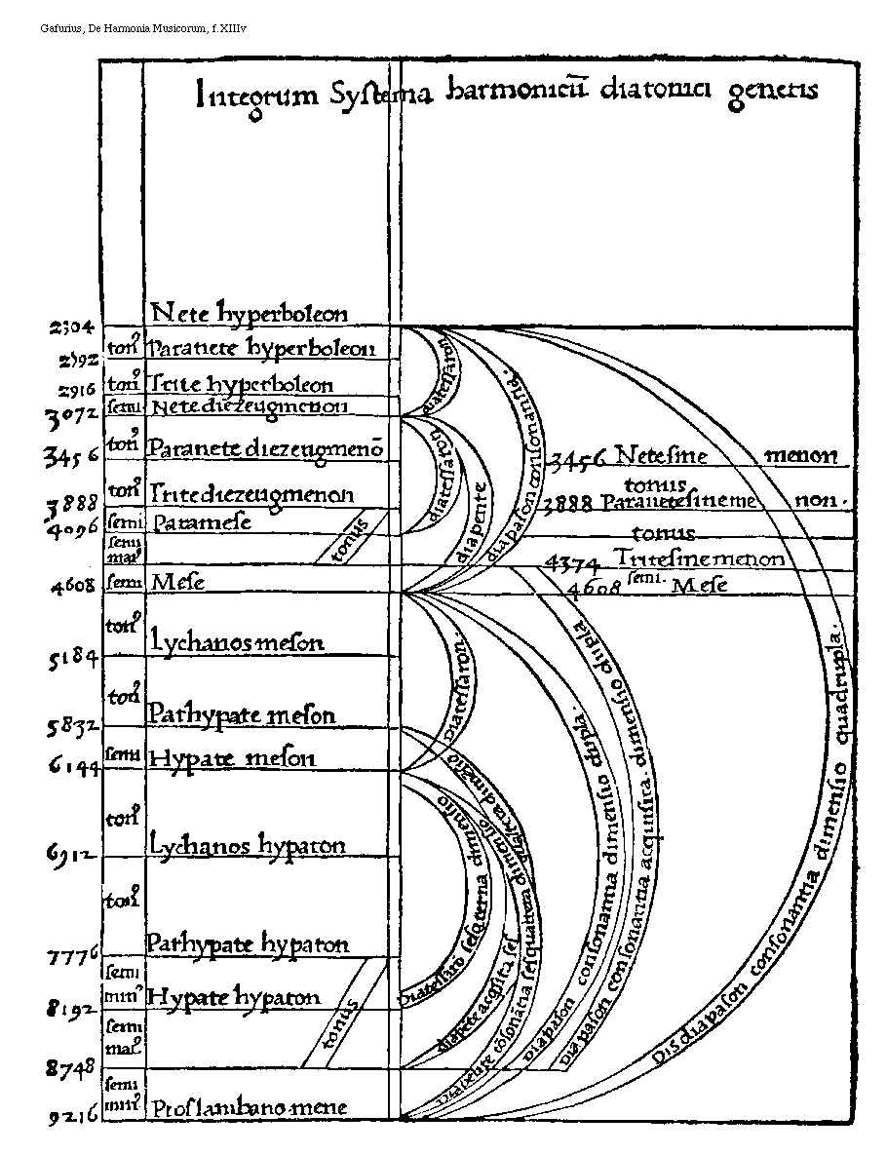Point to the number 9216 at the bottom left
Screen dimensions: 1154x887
pyautogui.click(x=72, y=1118)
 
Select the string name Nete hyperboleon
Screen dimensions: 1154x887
pyautogui.click(x=250, y=314)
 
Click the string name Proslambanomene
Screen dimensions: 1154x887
pyautogui.click(x=249, y=1108)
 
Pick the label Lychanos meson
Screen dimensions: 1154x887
pyautogui.click(x=237, y=641)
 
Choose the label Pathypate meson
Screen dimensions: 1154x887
pyautogui.click(x=242, y=714)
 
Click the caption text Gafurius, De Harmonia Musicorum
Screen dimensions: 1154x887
pyautogui.click(x=143, y=29)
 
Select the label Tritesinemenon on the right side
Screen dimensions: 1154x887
pyautogui.click(x=699, y=558)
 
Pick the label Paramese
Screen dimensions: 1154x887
pyautogui.click(x=200, y=521)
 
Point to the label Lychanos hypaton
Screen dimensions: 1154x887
pyautogui.click(x=249, y=844)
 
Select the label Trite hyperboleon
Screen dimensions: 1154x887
pyautogui.click(x=241, y=385)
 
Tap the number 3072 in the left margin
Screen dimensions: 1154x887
pyautogui.click(x=70, y=416)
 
